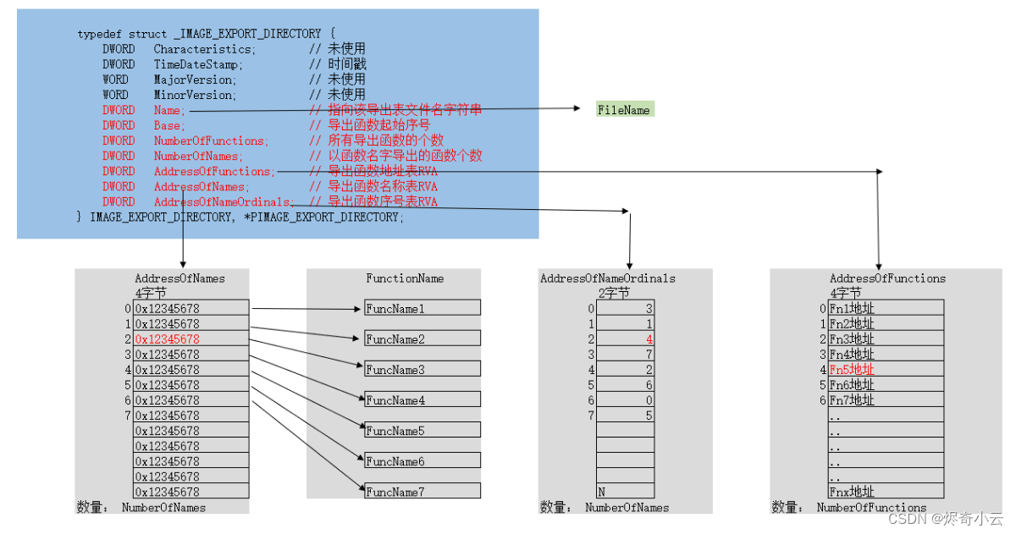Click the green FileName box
625,110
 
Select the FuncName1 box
422,309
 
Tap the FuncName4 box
422,400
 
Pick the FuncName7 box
422,492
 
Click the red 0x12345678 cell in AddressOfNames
191,339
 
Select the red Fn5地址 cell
885,370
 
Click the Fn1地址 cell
885,309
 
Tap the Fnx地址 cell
885,492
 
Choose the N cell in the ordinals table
625,492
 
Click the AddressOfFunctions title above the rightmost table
887,278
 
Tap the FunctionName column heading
405,278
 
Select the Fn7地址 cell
885,400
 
